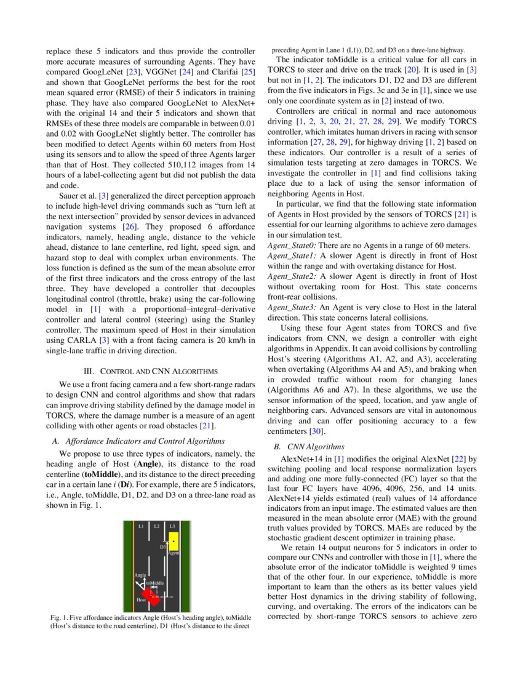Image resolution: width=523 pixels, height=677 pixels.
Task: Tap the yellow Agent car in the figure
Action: click(174, 541)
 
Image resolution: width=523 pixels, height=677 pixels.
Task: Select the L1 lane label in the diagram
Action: click(141, 526)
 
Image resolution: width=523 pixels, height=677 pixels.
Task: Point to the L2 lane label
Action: click(157, 526)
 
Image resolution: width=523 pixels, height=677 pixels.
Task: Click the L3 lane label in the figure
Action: click(172, 526)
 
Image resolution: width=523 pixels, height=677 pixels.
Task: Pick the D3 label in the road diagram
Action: click(163, 547)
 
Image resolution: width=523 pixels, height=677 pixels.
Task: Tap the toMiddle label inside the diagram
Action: click(155, 582)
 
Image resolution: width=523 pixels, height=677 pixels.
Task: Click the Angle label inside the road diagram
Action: click(140, 575)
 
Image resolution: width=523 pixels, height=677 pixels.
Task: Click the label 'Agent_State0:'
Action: click(292, 245)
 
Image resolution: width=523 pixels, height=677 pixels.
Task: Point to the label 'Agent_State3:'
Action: click(292, 306)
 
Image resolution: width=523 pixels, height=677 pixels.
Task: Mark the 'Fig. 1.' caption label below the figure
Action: click(57, 617)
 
